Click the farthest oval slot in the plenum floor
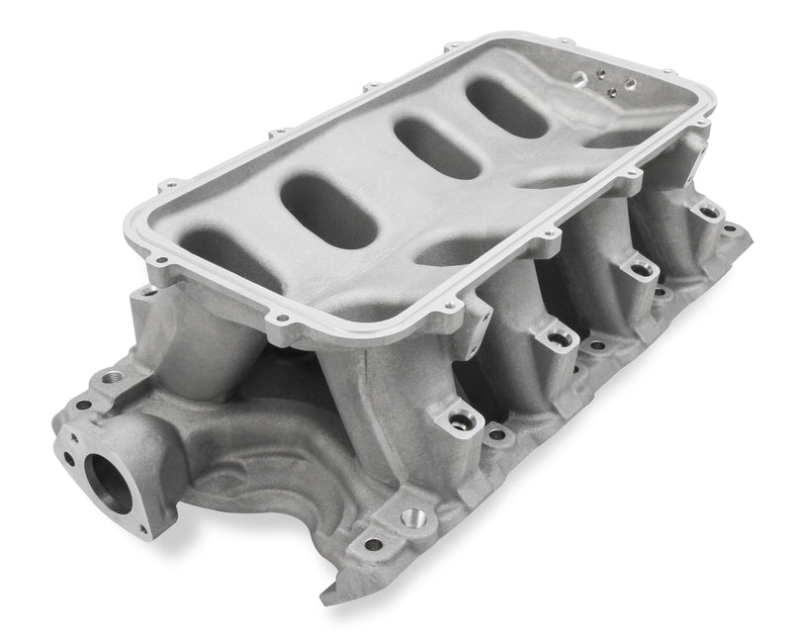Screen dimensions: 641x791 (506, 108)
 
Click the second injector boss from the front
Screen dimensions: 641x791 (558, 339)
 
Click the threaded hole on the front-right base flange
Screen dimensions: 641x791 (413, 517)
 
